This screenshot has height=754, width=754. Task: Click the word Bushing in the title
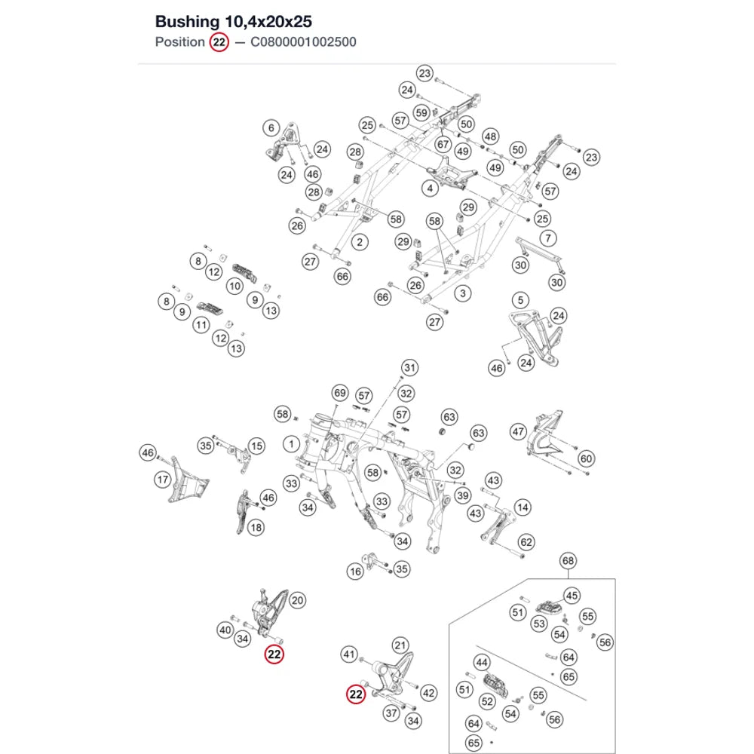point(187,22)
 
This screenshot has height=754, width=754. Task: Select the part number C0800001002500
point(303,42)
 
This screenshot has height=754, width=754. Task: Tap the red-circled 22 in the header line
point(219,42)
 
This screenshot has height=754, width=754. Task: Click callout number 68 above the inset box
point(568,561)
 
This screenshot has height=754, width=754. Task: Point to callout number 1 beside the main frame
point(291,444)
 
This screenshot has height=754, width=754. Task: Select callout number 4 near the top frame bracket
point(430,188)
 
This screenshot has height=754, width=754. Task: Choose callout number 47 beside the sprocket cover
point(518,432)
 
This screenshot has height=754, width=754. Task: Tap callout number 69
point(340,393)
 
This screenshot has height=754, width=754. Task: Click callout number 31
point(409,368)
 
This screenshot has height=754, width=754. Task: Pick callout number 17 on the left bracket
point(163,480)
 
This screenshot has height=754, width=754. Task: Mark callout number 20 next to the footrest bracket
point(298,600)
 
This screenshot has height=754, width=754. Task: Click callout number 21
point(400,645)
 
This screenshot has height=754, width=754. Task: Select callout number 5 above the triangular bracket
point(520,301)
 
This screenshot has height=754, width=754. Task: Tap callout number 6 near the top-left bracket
point(271,128)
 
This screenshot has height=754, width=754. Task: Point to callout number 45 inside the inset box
point(572,596)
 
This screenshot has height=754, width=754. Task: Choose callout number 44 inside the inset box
point(482,663)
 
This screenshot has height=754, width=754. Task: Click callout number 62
point(526,542)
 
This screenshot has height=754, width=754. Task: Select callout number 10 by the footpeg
point(234,287)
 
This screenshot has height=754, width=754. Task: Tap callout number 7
point(548,238)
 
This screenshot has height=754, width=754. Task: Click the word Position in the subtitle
point(180,42)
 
